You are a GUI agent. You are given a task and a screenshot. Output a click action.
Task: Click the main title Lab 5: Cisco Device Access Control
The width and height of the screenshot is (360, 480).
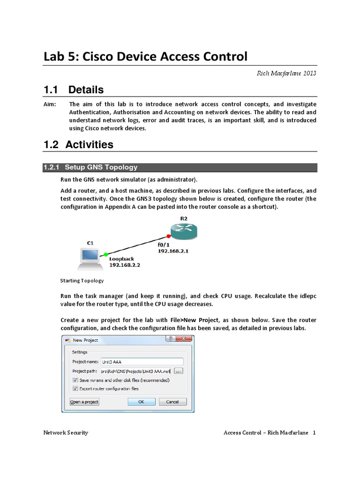click(145, 57)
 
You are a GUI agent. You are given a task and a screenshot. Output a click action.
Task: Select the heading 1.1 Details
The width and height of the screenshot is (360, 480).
click(73, 90)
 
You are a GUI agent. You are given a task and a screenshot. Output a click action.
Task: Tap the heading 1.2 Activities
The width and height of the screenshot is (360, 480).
click(78, 144)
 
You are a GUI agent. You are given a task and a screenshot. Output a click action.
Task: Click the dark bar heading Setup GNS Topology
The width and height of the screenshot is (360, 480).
click(101, 167)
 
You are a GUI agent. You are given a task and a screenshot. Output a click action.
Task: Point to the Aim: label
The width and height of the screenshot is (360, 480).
click(49, 104)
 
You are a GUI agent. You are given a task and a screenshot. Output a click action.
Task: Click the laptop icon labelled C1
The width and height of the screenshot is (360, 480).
click(89, 258)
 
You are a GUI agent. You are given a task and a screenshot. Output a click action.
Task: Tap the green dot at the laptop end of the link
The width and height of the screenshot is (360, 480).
click(106, 254)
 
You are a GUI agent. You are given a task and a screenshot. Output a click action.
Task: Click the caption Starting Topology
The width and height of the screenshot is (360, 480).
click(82, 281)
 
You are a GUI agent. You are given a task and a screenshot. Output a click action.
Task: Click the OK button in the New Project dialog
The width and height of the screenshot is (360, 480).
click(141, 402)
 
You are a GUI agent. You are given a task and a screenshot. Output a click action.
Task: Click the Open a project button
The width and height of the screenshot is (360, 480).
click(84, 402)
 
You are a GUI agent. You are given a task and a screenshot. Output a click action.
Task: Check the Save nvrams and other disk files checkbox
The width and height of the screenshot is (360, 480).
click(75, 380)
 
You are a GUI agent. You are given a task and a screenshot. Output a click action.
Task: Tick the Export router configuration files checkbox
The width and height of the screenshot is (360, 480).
click(75, 389)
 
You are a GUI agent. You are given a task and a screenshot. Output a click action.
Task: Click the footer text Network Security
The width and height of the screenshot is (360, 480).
click(66, 433)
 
